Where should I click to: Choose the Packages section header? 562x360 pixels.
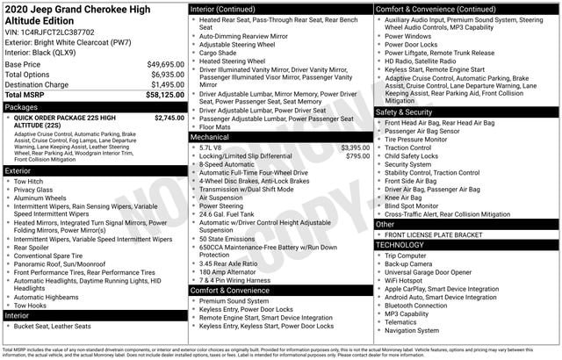click(x=21, y=106)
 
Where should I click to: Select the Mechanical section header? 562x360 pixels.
click(x=209, y=137)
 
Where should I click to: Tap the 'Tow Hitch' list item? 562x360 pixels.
click(x=30, y=182)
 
